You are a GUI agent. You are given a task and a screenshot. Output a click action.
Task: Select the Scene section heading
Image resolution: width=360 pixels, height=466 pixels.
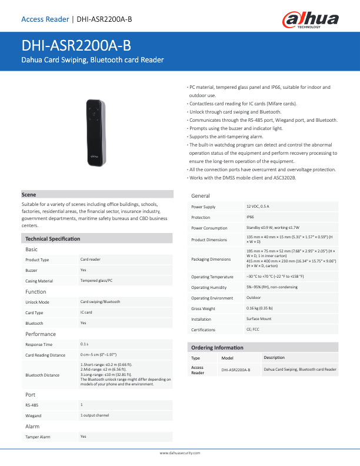click(x=29, y=194)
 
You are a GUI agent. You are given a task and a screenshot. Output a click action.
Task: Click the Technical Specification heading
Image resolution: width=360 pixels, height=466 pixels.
click(x=52, y=239)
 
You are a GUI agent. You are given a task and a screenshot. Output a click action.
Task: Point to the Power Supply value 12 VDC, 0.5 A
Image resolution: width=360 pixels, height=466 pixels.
click(x=258, y=207)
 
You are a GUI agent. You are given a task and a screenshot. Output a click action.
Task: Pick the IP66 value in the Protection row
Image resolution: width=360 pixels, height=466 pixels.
click(x=251, y=217)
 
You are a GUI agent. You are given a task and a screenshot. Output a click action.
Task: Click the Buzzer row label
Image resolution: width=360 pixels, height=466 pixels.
click(x=32, y=270)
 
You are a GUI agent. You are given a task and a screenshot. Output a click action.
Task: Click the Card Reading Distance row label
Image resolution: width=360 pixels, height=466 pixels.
click(x=45, y=355)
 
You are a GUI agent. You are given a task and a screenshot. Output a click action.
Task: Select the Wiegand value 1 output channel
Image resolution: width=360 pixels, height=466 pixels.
click(x=95, y=415)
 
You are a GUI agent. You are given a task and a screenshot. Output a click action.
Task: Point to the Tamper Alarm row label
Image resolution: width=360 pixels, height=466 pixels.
click(x=38, y=437)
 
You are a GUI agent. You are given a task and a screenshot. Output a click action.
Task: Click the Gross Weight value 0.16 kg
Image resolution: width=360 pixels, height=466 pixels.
click(x=259, y=308)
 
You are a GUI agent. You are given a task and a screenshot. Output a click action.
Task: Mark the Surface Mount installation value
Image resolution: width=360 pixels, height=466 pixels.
click(x=259, y=318)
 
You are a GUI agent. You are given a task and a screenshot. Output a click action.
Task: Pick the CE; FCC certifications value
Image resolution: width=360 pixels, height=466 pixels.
click(x=253, y=329)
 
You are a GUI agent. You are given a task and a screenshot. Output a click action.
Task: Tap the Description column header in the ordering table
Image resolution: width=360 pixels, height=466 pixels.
click(x=274, y=358)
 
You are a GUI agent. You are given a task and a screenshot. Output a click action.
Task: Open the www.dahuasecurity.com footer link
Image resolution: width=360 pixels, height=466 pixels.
click(x=181, y=452)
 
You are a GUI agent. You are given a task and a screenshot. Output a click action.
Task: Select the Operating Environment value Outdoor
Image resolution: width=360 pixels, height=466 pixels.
click(x=254, y=298)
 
